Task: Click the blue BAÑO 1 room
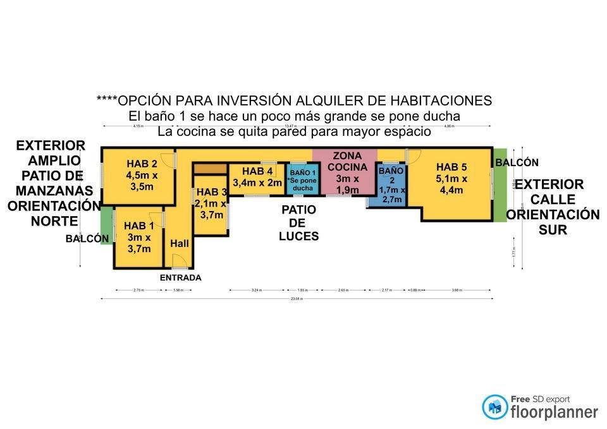[302, 179]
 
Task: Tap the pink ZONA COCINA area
[345, 171]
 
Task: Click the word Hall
[180, 243]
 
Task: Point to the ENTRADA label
[180, 277]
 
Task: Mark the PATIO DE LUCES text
[298, 223]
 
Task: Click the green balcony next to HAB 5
[500, 190]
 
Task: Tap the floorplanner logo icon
[494, 407]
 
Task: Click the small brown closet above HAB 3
[209, 169]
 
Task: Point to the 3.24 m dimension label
[256, 291]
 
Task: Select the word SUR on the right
[553, 230]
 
